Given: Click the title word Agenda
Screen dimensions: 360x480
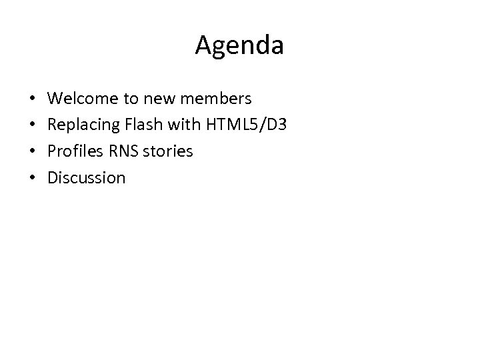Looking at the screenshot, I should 240,45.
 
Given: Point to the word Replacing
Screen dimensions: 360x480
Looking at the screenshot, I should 82,125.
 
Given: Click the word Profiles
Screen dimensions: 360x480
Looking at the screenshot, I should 73,151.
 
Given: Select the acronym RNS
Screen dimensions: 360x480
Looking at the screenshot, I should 118,151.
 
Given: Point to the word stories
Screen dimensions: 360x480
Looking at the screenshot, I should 166,151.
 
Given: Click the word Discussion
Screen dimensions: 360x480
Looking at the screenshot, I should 87,177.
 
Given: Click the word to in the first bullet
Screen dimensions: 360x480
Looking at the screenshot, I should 130,99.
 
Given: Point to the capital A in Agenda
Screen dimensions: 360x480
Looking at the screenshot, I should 204,45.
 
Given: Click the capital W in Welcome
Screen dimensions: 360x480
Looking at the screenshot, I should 56,99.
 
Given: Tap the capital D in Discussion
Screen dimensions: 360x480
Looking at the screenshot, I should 53,177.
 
